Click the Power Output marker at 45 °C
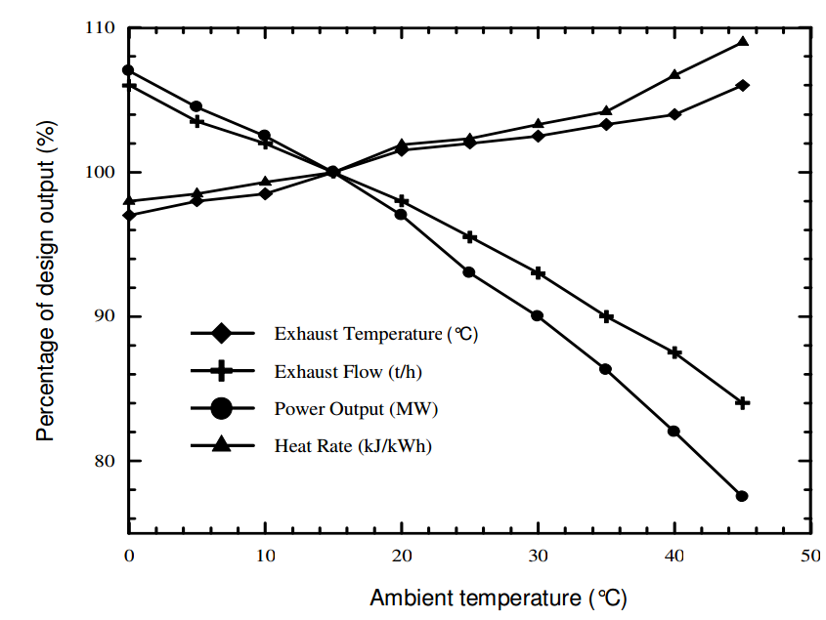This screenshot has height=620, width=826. pos(742,496)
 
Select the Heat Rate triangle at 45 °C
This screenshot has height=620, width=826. pos(742,42)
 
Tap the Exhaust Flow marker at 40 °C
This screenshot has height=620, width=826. pos(674,352)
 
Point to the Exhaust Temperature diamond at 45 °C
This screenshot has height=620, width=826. pos(742,86)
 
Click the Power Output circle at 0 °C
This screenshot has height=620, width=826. pos(128,70)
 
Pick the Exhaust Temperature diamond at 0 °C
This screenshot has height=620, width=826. pos(128,215)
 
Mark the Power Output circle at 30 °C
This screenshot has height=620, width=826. pos(538,316)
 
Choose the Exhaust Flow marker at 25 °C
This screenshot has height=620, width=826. pos(469,237)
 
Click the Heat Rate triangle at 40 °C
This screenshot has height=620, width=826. pos(674,75)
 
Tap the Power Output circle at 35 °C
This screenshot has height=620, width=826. pos(606,369)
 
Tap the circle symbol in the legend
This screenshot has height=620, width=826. pos(221,408)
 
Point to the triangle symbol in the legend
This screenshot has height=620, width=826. pos(221,445)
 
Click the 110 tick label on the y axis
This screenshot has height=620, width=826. pos(100,28)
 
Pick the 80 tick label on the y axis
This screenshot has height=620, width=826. pos(104,461)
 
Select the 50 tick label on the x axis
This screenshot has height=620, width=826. pos(810,555)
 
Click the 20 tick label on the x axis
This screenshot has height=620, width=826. pos(401,555)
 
